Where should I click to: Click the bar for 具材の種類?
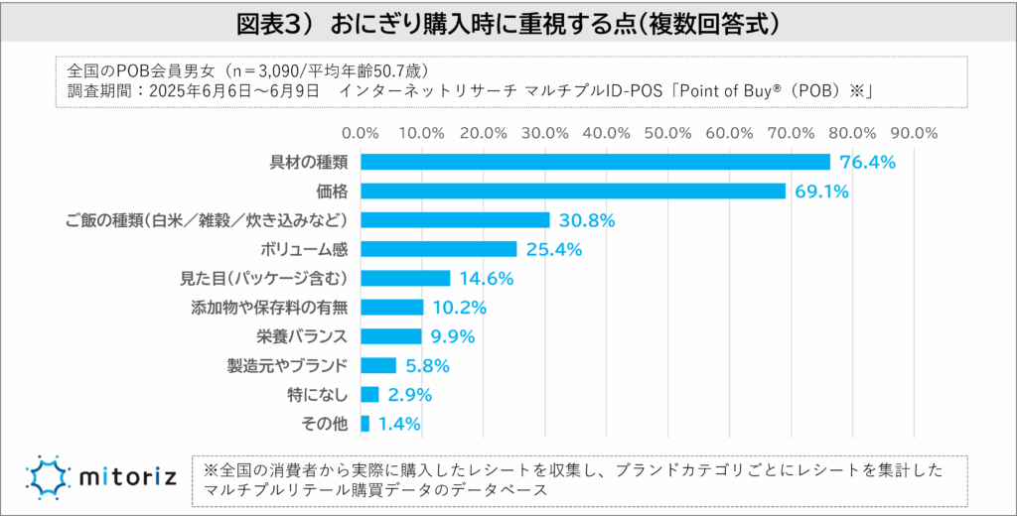tap(595, 162)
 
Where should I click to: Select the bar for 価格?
tap(573, 191)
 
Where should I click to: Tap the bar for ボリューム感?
tap(438, 248)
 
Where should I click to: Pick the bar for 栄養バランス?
tap(391, 336)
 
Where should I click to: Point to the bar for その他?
tap(364, 424)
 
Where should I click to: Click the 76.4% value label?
tap(869, 162)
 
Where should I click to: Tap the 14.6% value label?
tap(487, 279)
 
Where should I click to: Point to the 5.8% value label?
tap(428, 366)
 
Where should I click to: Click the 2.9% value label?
tap(410, 395)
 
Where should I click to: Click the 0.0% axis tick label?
tap(360, 132)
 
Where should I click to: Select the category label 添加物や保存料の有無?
tap(269, 307)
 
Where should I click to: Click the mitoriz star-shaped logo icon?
tap(48, 478)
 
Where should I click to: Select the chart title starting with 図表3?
tap(508, 23)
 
